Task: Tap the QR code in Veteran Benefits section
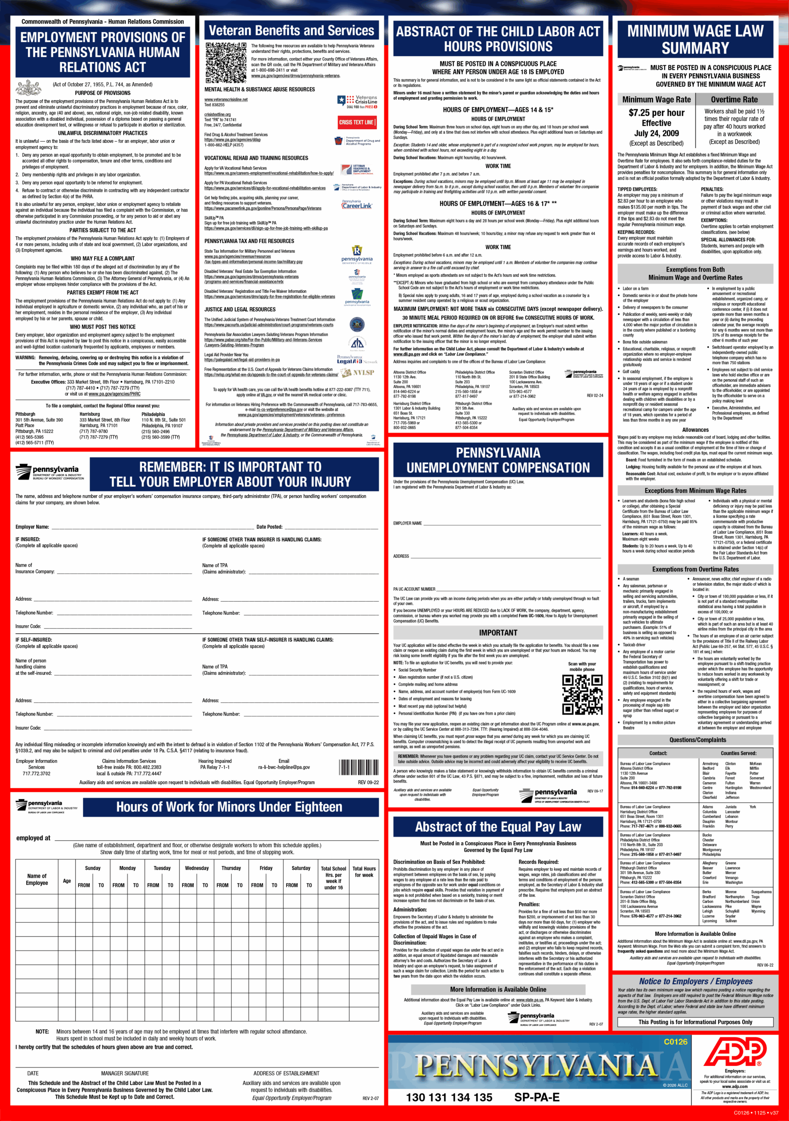pos(226,63)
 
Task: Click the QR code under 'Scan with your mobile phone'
pos(581,695)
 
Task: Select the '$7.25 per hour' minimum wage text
pos(656,113)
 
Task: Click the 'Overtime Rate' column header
pos(734,99)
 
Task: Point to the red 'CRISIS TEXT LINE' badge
pos(357,122)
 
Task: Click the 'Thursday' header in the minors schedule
pos(231,868)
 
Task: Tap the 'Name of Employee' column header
pos(37,879)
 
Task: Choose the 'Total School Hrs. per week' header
pos(333,878)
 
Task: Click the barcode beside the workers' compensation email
pos(359,767)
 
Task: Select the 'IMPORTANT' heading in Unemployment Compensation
pos(498,633)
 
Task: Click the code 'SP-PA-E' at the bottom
pos(536,1097)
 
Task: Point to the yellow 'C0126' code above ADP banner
pos(675,1041)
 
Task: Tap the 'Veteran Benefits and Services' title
pos(291,31)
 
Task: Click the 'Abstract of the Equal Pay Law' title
pos(498,827)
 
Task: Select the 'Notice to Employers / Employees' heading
pos(695,981)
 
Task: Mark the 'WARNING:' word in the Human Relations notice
pos(25,357)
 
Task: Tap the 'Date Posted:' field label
pos(269,527)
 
